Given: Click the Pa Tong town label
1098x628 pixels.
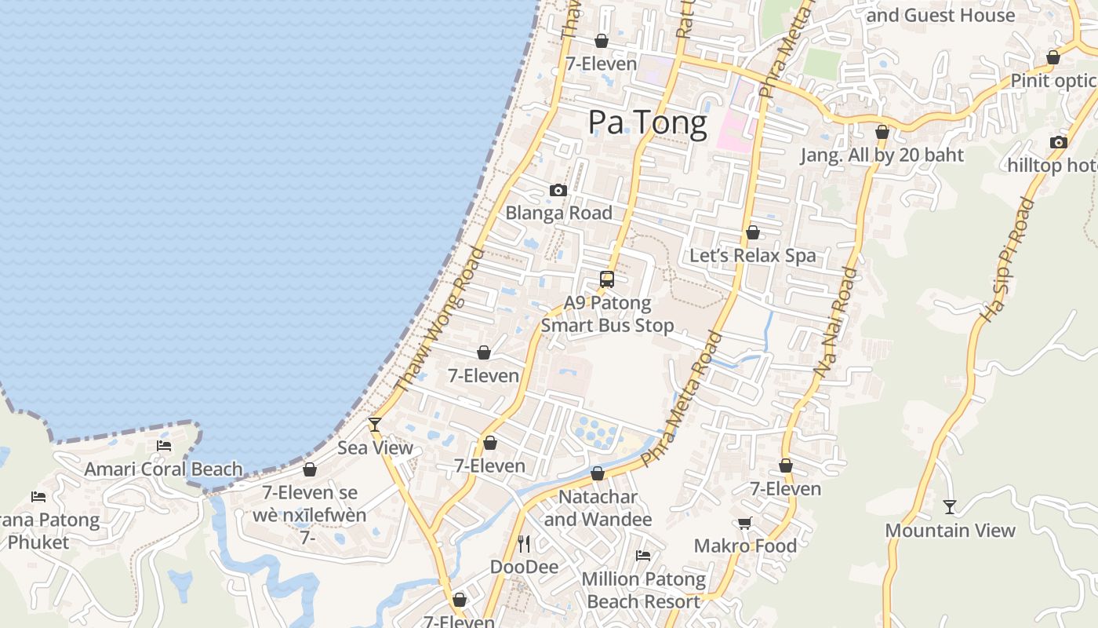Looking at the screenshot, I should (647, 122).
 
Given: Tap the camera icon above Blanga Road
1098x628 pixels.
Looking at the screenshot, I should (558, 190).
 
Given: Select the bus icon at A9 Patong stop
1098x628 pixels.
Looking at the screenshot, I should (606, 279).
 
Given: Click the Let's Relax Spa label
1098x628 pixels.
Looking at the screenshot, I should (752, 255).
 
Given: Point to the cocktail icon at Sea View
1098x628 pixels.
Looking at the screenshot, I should (375, 425).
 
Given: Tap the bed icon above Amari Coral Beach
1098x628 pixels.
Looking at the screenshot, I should (164, 446).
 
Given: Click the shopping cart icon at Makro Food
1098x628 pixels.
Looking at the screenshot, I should (744, 523).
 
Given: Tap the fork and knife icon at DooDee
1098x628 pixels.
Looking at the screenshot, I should (524, 543).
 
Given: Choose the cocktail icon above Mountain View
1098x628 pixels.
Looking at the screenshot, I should (950, 507).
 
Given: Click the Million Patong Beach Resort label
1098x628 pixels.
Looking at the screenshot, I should (643, 590).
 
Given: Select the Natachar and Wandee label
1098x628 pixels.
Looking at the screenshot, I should (598, 508).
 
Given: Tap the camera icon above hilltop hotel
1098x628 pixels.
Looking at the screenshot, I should (1058, 142).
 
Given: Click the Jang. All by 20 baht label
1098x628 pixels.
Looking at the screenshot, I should (882, 155).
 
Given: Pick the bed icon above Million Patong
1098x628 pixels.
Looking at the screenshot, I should (643, 555).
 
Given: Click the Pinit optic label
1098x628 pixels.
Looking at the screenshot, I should (1053, 80).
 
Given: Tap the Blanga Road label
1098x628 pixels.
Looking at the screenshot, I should (558, 213).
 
